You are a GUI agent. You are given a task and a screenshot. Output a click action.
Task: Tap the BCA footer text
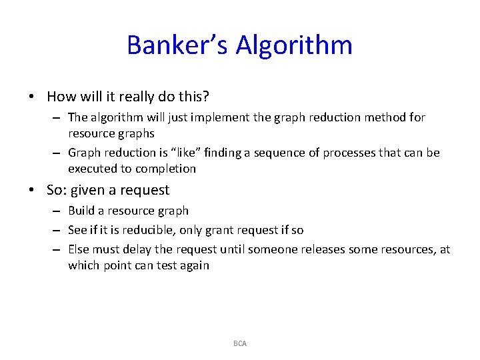pos(240,343)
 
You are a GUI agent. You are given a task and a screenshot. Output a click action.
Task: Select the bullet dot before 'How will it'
pos(32,97)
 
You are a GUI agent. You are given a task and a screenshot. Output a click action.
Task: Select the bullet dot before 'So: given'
pos(32,190)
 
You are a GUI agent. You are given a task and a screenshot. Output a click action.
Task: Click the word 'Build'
pos(81,211)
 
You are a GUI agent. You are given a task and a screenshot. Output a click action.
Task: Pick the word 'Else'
pos(79,249)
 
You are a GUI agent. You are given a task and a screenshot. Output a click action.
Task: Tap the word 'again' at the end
pos(195,265)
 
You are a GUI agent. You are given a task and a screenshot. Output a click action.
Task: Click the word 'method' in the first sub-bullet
pos(389,117)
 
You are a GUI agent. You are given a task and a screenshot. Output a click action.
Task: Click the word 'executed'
pos(91,169)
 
